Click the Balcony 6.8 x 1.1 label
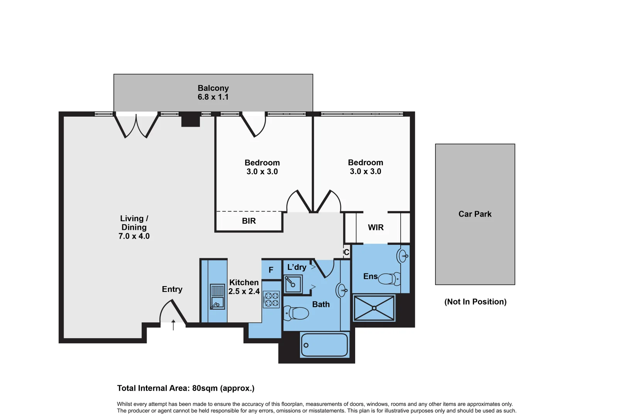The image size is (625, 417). (x=213, y=93)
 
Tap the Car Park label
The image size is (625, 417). (x=475, y=214)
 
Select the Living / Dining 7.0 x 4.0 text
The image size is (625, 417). (x=134, y=227)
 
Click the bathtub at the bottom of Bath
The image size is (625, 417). (x=324, y=345)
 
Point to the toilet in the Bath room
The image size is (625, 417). (x=296, y=313)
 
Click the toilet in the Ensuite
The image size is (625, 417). (x=389, y=278)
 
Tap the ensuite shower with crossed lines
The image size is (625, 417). (x=374, y=308)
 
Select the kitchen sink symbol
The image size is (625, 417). (x=217, y=297)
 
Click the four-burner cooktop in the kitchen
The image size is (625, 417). (x=271, y=300)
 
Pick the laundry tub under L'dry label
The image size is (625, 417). (x=293, y=285)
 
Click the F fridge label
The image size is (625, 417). (x=271, y=270)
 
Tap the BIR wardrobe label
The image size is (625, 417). (x=249, y=221)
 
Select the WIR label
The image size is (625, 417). (x=376, y=227)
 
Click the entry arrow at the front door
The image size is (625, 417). (x=173, y=325)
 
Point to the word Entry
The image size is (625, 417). (x=172, y=289)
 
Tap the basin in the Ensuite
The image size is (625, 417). (x=403, y=256)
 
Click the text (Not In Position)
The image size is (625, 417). (x=475, y=302)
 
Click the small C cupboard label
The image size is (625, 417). (x=346, y=252)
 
